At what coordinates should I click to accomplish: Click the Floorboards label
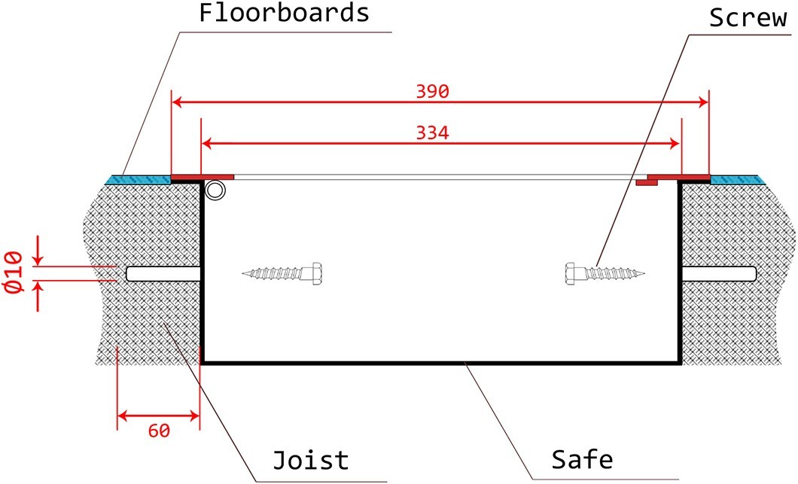tap(284, 14)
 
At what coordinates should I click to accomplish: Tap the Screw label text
tap(748, 18)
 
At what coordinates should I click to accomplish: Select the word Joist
tap(310, 459)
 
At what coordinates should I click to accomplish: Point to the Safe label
tap(582, 458)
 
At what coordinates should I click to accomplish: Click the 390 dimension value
tap(432, 92)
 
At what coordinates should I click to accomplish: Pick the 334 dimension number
tap(432, 133)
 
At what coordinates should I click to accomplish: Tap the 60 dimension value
tap(159, 431)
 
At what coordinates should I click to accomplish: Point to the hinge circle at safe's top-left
tap(216, 190)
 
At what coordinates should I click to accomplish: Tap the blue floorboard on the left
tap(139, 179)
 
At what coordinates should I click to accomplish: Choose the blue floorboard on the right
tap(737, 179)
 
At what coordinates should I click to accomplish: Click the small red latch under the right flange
tap(644, 182)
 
